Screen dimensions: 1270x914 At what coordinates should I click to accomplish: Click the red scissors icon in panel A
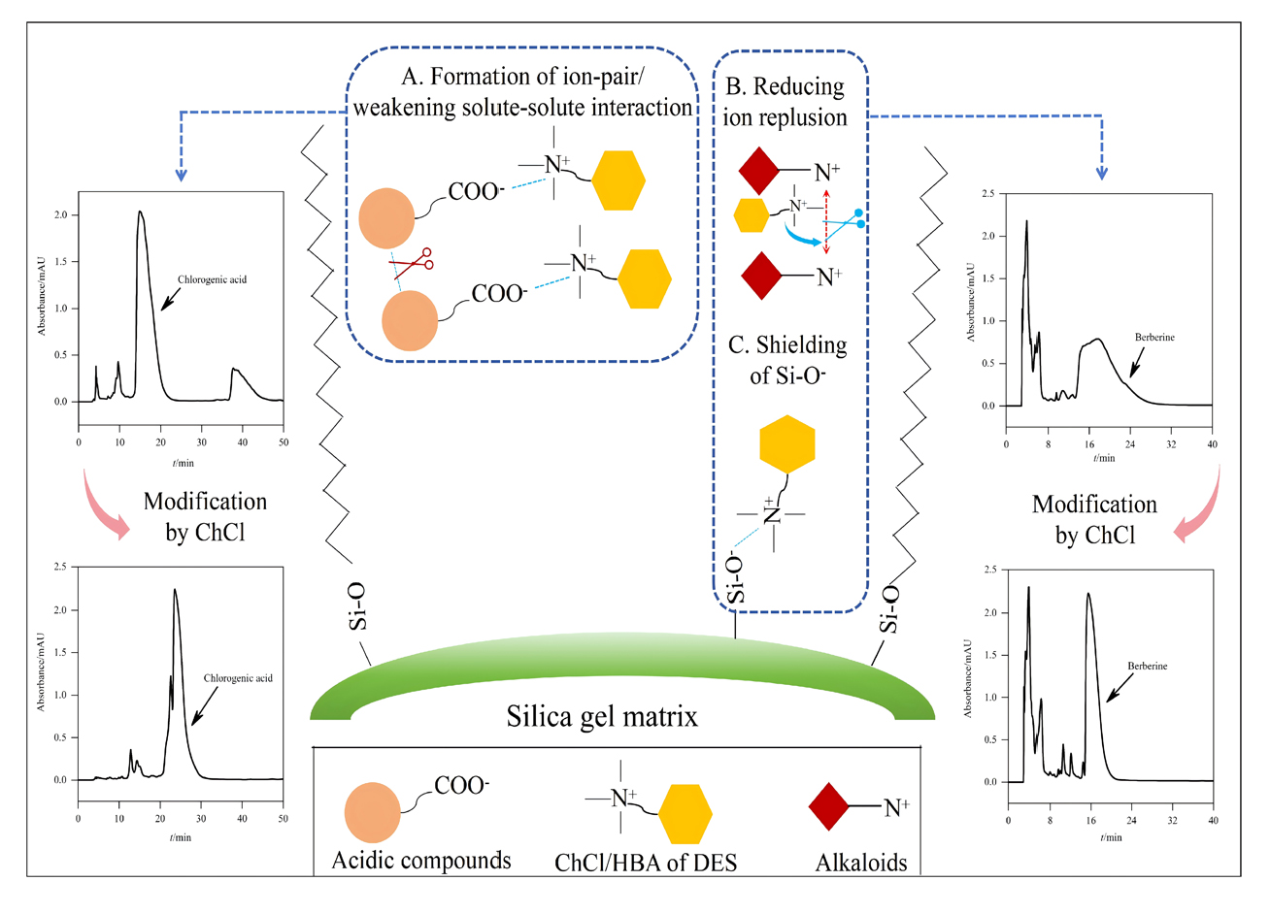coord(412,264)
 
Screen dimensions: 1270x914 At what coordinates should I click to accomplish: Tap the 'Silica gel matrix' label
coord(602,716)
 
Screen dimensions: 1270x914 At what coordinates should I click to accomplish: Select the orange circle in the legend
coord(373,812)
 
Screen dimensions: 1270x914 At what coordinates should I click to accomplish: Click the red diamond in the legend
coord(828,806)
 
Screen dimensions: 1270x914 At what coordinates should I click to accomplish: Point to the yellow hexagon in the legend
coord(685,814)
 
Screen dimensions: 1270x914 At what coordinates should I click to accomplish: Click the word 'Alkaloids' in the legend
coord(861,863)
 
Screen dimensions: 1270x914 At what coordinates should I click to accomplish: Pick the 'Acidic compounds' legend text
coord(421,861)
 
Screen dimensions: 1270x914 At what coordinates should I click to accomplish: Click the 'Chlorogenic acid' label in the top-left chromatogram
coord(212,279)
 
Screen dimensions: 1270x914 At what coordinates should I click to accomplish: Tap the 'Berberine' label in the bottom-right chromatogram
coord(1147,666)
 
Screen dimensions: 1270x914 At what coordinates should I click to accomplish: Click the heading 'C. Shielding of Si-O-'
coord(787,360)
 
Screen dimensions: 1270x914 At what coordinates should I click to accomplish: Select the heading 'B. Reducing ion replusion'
coord(785,102)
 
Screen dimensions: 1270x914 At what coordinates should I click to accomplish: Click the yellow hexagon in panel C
coord(786,444)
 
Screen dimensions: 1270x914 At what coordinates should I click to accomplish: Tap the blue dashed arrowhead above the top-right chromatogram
coord(1102,174)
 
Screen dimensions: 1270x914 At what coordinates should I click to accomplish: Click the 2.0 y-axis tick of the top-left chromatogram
coord(60,214)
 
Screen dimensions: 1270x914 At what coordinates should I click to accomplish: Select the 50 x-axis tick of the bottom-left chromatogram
coord(283,818)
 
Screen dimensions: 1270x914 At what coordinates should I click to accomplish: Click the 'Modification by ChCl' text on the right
coord(1094,520)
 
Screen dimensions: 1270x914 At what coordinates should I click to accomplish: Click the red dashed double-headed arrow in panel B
coord(826,221)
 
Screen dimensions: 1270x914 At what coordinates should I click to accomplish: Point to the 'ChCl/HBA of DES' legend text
coord(646,863)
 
